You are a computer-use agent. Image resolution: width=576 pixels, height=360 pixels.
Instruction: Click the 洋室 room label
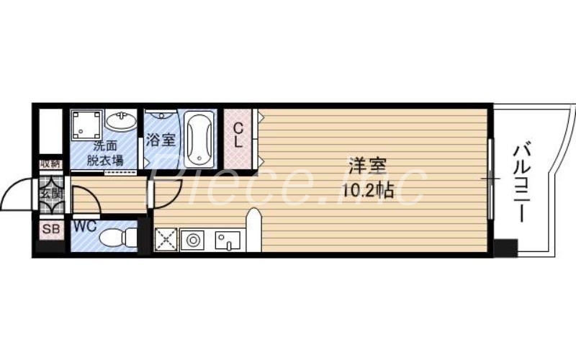tap(367, 165)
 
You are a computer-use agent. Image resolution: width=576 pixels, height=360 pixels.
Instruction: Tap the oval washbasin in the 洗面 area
tap(119, 121)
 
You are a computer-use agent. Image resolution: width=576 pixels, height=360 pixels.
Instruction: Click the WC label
tap(84, 225)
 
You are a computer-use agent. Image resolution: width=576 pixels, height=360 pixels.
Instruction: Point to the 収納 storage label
tap(49, 164)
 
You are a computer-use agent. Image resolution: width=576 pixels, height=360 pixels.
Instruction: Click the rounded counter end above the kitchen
tap(253, 216)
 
